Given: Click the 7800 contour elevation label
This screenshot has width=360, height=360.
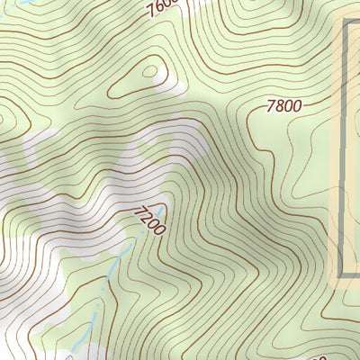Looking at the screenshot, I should (283, 106).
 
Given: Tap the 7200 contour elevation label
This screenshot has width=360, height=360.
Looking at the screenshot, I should (149, 220).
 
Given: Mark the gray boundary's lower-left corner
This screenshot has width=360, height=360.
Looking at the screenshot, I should (343, 274).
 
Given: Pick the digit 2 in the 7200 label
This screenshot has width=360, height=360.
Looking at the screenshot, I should (146, 217).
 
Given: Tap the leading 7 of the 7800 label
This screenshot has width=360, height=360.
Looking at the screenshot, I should (271, 106).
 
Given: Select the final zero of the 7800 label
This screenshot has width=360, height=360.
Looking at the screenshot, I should (296, 106).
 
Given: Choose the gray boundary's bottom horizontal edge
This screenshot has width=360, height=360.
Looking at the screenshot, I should (352, 275).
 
